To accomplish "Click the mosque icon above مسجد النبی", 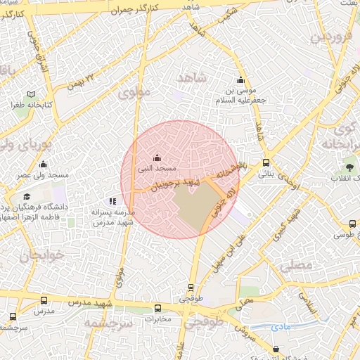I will tap(156, 157).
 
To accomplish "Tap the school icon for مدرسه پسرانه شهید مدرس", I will tap(113, 201).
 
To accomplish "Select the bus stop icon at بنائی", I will tap(266, 162).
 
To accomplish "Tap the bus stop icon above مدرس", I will tap(44, 300).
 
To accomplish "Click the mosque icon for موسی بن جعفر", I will tap(241, 79).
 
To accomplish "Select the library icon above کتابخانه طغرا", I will tap(31, 94).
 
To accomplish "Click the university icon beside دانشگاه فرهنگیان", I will tap(27, 197).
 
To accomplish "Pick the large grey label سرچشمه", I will tap(109, 323).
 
